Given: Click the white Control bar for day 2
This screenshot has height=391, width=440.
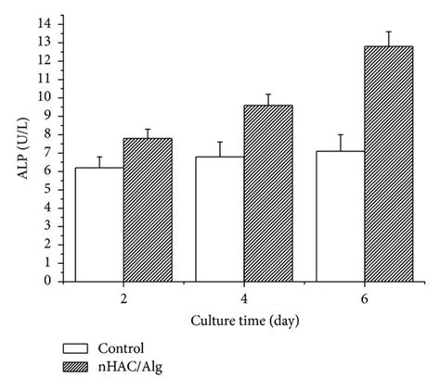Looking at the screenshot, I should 100,224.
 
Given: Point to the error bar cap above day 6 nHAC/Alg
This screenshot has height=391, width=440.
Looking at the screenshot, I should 388,32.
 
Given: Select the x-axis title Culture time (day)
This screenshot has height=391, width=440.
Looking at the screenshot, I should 245,320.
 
